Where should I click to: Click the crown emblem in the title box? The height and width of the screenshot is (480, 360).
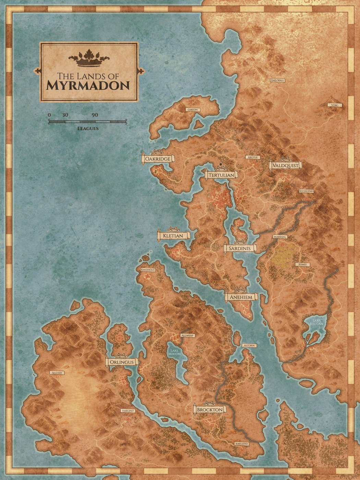point(89,58)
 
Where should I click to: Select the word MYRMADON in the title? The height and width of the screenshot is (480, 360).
point(88,85)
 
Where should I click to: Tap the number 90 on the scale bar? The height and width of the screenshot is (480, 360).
point(95,115)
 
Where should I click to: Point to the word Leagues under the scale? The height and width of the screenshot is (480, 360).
point(88,129)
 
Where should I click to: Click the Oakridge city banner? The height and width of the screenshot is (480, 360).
point(158,159)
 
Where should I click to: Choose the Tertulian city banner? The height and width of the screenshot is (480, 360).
point(221,175)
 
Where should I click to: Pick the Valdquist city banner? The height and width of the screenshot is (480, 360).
point(286,165)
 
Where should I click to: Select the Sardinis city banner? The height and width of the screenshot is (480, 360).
point(240,248)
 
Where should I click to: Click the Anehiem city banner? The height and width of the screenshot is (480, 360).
point(241,297)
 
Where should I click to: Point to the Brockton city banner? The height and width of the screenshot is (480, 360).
point(209,409)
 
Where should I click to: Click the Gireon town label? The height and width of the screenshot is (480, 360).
point(192,110)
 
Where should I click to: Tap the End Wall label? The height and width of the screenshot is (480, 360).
point(277,81)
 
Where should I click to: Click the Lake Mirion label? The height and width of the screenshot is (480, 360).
point(174,352)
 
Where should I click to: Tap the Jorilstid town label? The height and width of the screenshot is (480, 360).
point(242,444)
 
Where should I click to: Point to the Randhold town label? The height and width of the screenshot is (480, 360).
point(148,270)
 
